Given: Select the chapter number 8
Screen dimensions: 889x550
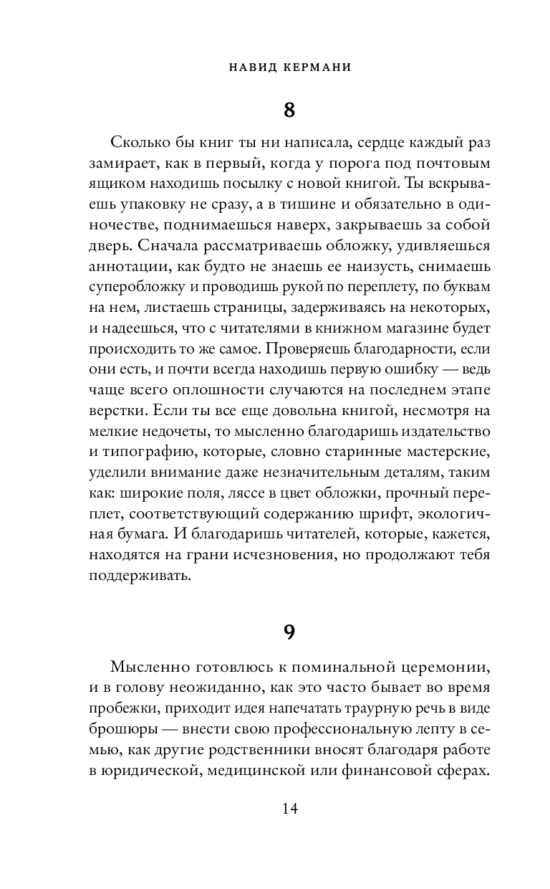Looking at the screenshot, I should click(289, 110).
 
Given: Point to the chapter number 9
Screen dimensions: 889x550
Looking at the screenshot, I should click(289, 632).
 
